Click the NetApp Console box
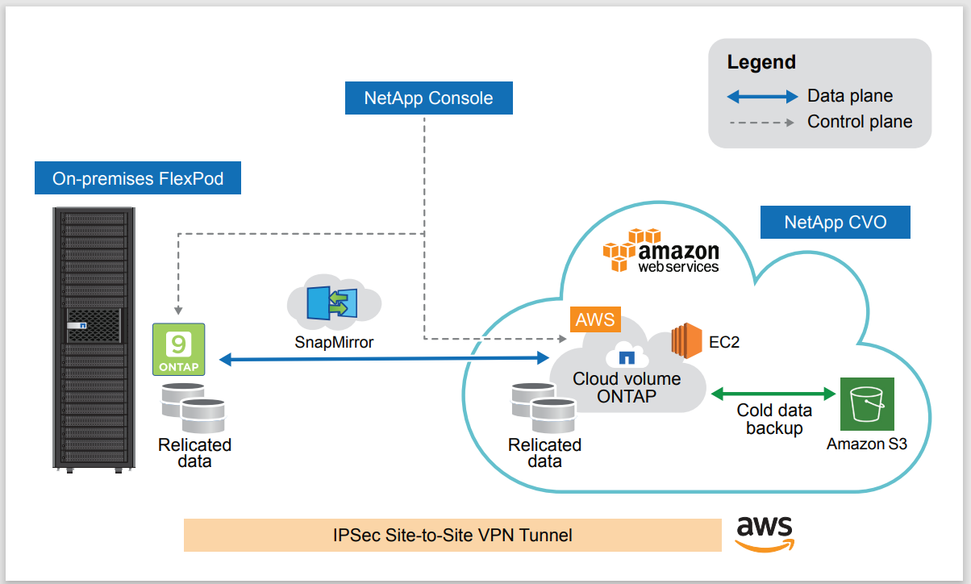(428, 98)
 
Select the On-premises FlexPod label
(138, 178)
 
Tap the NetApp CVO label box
(835, 223)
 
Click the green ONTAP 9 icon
(178, 349)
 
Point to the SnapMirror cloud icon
(334, 305)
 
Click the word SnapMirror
(334, 342)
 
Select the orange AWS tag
(595, 319)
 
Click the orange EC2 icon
(687, 341)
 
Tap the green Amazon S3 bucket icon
(867, 404)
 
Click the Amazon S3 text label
(867, 444)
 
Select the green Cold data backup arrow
(773, 394)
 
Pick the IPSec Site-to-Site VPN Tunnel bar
(452, 535)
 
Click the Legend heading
(761, 62)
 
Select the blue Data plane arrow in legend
(762, 97)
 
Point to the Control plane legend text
(860, 122)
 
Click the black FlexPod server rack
(94, 339)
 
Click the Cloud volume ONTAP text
(627, 387)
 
